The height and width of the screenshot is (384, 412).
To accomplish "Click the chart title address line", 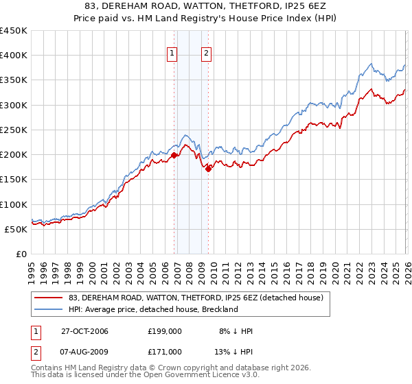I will (x=206, y=6).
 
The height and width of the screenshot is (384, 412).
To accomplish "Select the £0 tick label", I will (x=21, y=254).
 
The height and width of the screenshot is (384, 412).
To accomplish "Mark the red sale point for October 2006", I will (x=174, y=155).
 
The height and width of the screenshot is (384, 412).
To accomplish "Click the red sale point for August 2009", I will (x=208, y=169).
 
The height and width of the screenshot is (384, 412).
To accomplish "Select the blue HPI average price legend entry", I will (x=152, y=309).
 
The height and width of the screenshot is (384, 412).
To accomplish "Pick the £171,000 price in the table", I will (x=164, y=351).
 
